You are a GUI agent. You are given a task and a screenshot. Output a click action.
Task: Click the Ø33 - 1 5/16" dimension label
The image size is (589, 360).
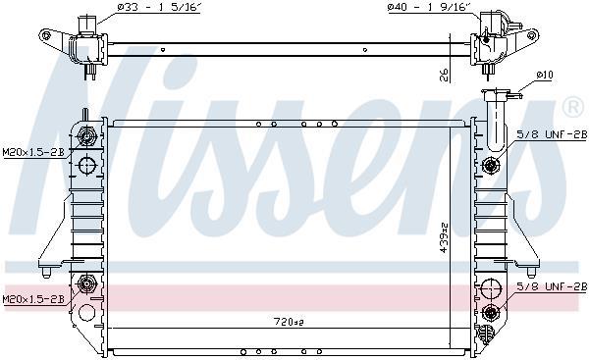click(157, 8)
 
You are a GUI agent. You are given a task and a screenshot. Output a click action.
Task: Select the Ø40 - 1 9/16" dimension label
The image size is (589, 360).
click(428, 8)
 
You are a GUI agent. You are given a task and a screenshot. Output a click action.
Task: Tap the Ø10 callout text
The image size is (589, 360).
click(544, 76)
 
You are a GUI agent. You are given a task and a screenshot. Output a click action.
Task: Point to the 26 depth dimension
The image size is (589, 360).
click(444, 75)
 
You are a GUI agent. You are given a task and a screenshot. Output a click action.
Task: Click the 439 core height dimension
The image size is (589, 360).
click(444, 238)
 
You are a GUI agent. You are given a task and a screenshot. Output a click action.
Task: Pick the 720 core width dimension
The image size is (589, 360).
click(288, 322)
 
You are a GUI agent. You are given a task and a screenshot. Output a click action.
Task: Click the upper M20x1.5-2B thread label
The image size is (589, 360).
click(33, 152)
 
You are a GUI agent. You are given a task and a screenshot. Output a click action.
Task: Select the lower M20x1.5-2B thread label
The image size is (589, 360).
click(33, 299)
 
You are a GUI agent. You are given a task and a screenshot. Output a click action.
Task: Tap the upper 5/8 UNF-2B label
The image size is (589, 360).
click(552, 134)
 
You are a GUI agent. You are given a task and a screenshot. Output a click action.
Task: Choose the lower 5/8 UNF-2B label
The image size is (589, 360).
click(552, 286)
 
